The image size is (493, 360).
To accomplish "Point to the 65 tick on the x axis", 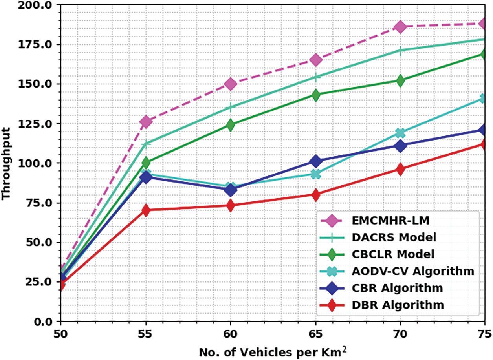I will coord(316,334).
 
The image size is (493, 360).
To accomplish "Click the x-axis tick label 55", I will coord(146,334).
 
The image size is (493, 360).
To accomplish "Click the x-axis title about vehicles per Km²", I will coord(273,351).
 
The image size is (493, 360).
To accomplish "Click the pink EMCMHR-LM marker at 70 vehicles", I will coord(401,27).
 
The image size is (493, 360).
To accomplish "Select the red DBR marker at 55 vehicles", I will coord(146,210).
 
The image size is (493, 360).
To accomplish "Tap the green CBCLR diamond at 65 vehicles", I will coord(316,95).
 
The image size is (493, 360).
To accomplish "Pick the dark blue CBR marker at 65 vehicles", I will coord(316,161).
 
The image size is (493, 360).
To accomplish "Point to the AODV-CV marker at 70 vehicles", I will coord(401,133).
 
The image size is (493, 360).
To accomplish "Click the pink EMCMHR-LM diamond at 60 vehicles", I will coord(231,84).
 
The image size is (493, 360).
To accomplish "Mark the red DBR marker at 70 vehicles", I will coord(401,169).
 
